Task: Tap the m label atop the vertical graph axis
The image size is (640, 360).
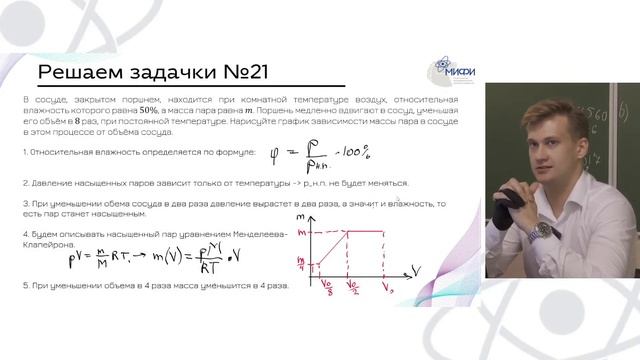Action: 302,215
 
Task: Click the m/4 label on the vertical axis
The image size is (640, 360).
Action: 300,264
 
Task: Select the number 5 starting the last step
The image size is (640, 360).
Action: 25,286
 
